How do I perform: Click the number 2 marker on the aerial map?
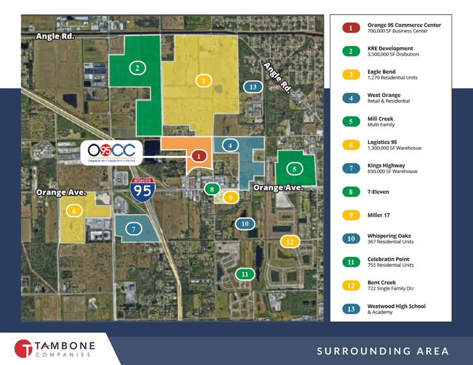tap(137, 68)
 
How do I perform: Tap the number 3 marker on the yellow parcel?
tap(203, 80)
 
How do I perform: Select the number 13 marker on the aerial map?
tap(252, 87)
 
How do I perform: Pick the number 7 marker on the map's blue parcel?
tap(134, 229)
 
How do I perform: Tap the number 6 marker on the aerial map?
tap(75, 211)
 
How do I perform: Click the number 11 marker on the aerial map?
tap(245, 274)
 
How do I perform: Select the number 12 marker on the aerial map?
tap(289, 241)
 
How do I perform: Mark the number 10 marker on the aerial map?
tap(246, 223)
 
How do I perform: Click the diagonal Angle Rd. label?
tap(276, 76)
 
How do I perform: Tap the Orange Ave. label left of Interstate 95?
tap(60, 192)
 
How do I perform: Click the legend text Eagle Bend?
tap(382, 72)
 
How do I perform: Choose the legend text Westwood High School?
tap(397, 306)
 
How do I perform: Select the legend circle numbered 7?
tap(351, 168)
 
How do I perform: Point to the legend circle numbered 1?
tap(351, 28)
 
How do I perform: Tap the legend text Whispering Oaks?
tap(389, 236)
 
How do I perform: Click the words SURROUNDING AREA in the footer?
tap(383, 351)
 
